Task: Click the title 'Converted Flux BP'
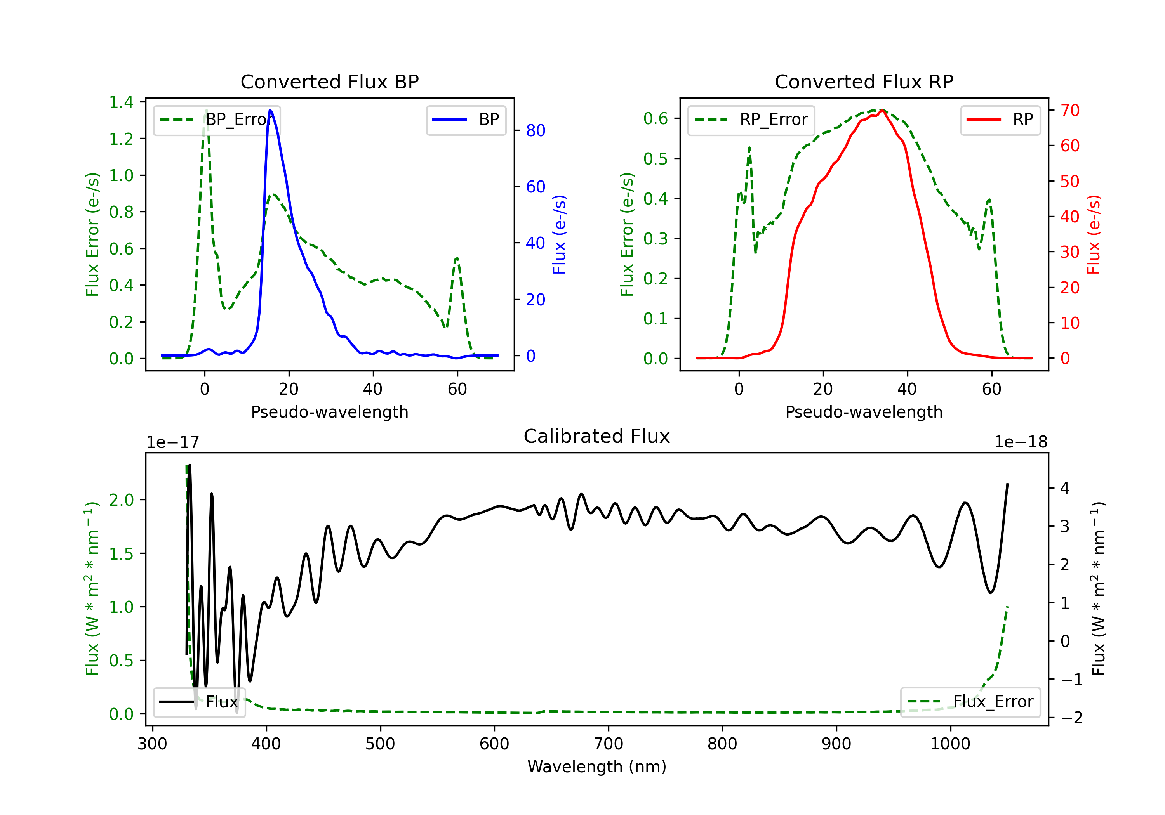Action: click(x=329, y=81)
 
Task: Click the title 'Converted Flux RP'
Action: click(x=864, y=81)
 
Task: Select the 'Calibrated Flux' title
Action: click(x=597, y=436)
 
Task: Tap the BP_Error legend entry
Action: click(x=216, y=120)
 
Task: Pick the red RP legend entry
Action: click(x=1000, y=120)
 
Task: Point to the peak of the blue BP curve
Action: click(x=270, y=110)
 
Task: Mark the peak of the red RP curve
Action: click(x=882, y=111)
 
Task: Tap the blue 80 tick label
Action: click(x=536, y=130)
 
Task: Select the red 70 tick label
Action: click(x=1070, y=110)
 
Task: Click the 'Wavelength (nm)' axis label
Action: click(x=597, y=766)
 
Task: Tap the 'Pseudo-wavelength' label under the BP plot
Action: click(x=329, y=412)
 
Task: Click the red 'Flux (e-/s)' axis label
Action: click(x=1094, y=234)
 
